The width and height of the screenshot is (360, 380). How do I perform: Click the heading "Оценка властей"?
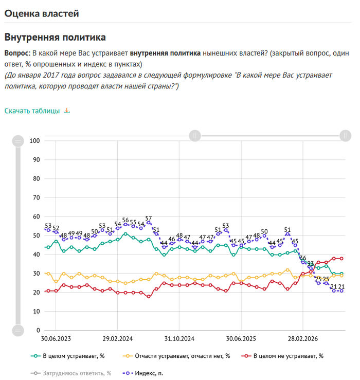42,13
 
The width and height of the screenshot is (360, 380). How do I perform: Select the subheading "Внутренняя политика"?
55,38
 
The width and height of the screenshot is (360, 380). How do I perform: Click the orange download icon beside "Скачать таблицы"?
67,111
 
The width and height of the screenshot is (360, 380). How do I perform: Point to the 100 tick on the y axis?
34,141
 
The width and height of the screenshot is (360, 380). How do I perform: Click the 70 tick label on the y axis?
37,198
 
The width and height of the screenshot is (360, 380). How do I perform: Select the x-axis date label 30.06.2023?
56,338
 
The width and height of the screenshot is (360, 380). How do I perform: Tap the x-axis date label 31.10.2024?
179,338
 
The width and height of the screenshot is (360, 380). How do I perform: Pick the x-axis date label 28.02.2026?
303,338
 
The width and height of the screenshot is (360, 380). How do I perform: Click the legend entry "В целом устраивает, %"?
68,356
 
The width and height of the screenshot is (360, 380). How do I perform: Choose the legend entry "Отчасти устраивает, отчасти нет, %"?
176,356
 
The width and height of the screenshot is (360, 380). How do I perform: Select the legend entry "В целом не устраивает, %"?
282,356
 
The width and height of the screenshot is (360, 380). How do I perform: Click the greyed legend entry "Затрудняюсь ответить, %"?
71,373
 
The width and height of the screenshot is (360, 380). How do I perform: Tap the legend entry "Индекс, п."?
143,373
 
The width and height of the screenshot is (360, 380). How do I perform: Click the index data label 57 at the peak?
149,218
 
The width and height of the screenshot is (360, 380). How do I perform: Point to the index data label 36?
303,258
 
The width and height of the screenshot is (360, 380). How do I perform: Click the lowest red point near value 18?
149,296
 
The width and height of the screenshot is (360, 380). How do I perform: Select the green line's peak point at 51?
125,234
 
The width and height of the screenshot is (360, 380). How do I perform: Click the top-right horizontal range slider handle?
345,136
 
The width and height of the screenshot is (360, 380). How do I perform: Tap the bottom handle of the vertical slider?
18,330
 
